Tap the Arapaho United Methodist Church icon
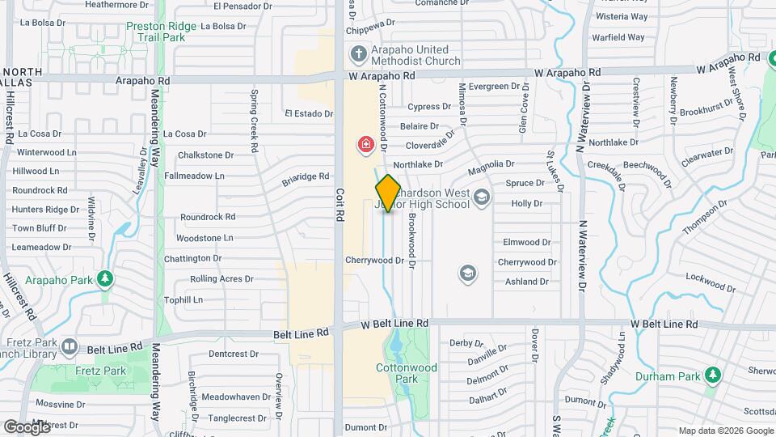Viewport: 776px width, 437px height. [x=358, y=55]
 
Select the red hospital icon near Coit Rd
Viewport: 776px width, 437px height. [x=366, y=145]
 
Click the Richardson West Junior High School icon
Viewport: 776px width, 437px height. [x=482, y=197]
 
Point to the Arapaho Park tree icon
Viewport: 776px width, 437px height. [x=104, y=279]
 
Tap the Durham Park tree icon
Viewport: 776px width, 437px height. [x=712, y=375]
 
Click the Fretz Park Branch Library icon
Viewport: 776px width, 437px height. [x=70, y=347]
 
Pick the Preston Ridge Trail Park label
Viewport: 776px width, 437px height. [x=162, y=32]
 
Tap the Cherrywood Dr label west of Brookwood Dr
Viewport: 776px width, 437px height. [x=373, y=261]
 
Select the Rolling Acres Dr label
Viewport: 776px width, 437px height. [x=221, y=279]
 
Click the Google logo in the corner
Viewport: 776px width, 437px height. [x=27, y=426]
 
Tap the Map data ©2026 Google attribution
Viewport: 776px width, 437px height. [x=724, y=431]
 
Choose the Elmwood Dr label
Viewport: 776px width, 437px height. [x=526, y=242]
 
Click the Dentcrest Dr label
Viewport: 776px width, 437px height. [x=233, y=354]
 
